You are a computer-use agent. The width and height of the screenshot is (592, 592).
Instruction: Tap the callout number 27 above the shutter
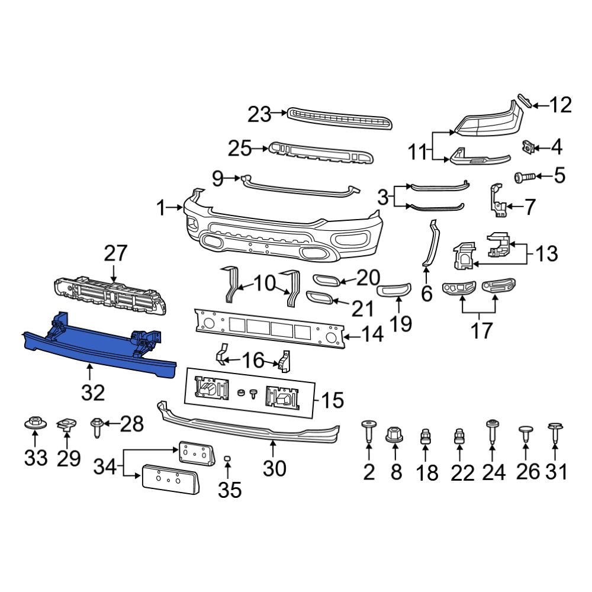pyautogui.click(x=115, y=254)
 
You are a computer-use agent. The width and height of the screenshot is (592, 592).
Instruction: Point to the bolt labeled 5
pyautogui.click(x=523, y=176)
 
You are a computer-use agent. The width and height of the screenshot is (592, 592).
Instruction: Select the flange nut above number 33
pyautogui.click(x=34, y=424)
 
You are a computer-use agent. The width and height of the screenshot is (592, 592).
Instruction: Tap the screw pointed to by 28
pyautogui.click(x=96, y=427)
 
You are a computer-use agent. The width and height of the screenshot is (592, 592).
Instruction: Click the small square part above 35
pyautogui.click(x=227, y=459)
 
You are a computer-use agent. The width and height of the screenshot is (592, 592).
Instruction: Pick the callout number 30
pyautogui.click(x=274, y=468)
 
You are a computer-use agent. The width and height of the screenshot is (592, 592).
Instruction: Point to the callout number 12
pyautogui.click(x=560, y=105)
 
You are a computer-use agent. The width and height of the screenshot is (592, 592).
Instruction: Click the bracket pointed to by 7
pyautogui.click(x=496, y=201)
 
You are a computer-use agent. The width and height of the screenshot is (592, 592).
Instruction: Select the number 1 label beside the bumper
pyautogui.click(x=161, y=208)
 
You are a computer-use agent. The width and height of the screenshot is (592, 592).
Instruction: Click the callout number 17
pyautogui.click(x=481, y=330)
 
